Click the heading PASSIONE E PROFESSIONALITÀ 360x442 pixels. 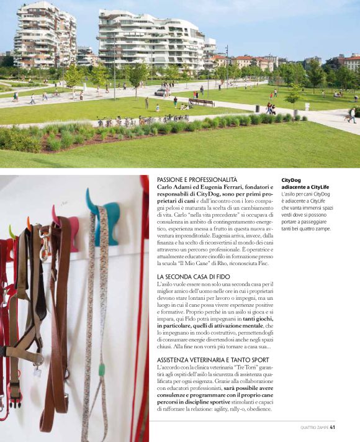[197, 179]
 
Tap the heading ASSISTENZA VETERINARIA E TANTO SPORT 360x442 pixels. [210, 360]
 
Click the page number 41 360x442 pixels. [333, 427]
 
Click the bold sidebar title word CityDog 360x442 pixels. [293, 179]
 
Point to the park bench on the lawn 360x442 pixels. [201, 102]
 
